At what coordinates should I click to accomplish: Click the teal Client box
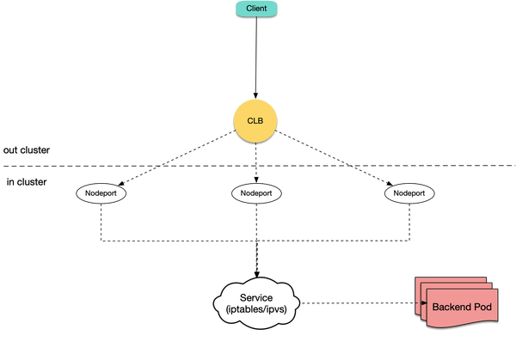(x=256, y=9)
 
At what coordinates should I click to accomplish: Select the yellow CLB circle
(x=255, y=121)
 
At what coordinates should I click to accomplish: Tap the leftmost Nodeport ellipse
(x=101, y=193)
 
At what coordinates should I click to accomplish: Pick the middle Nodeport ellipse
(x=256, y=193)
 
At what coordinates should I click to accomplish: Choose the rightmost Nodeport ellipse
(x=409, y=193)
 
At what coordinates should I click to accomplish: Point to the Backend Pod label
(x=462, y=307)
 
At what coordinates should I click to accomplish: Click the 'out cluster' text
(x=27, y=150)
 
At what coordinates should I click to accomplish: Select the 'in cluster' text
(x=27, y=182)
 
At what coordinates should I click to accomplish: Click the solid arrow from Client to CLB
(x=256, y=58)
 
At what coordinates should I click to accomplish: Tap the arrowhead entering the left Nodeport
(x=121, y=184)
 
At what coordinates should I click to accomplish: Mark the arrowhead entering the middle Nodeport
(x=256, y=180)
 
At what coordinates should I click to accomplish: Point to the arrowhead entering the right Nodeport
(x=390, y=184)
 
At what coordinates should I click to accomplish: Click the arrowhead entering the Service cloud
(x=256, y=274)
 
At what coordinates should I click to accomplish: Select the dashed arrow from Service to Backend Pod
(x=364, y=303)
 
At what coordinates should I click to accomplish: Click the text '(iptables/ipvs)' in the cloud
(x=256, y=309)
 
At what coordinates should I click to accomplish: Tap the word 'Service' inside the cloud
(x=256, y=298)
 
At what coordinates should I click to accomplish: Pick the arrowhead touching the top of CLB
(x=255, y=95)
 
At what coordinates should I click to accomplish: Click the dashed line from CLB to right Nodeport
(x=334, y=158)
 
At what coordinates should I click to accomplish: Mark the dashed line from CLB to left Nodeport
(x=177, y=158)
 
